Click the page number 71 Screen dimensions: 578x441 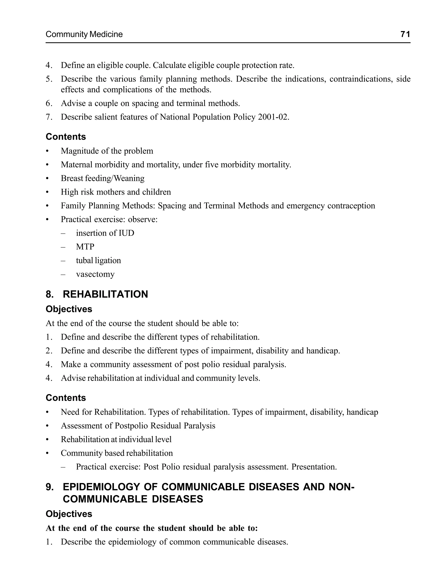pos(405,34)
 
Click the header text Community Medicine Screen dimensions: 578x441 pos(84,34)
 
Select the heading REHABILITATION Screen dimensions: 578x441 pos(105,294)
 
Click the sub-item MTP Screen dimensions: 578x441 pos(85,247)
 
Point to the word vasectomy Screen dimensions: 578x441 pos(95,274)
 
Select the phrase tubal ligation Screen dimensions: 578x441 pos(98,260)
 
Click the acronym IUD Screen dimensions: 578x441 pos(126,233)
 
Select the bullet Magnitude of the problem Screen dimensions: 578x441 pos(107,151)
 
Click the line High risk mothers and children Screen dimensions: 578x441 pos(116,192)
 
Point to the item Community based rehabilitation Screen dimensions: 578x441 pos(117,453)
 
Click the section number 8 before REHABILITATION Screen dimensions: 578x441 pos(49,294)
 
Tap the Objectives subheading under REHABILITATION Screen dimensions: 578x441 pos(69,309)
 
